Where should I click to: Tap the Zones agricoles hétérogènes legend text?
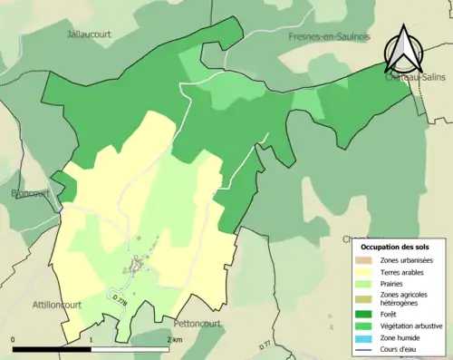click(404, 298)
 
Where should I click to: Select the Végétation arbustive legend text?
click(412, 326)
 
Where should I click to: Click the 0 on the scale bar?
click(14, 339)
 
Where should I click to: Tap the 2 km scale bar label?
click(174, 339)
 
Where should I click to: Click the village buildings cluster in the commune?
click(139, 265)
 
